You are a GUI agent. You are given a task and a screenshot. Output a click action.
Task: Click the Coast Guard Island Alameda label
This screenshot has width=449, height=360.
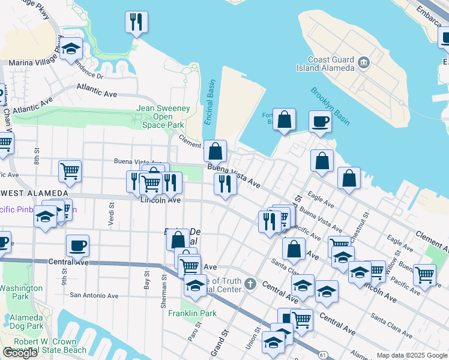[331, 64]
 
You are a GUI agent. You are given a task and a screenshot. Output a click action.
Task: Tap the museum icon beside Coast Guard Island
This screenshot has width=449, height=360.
[364, 62]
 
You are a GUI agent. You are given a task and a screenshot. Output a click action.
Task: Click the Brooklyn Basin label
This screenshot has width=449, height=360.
[330, 106]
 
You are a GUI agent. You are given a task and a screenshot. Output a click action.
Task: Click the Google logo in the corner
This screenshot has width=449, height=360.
[20, 353]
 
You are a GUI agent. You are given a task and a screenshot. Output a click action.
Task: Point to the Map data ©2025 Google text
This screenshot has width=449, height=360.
[412, 355]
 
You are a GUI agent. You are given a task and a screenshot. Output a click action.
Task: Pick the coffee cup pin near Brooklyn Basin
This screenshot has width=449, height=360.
[320, 121]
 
